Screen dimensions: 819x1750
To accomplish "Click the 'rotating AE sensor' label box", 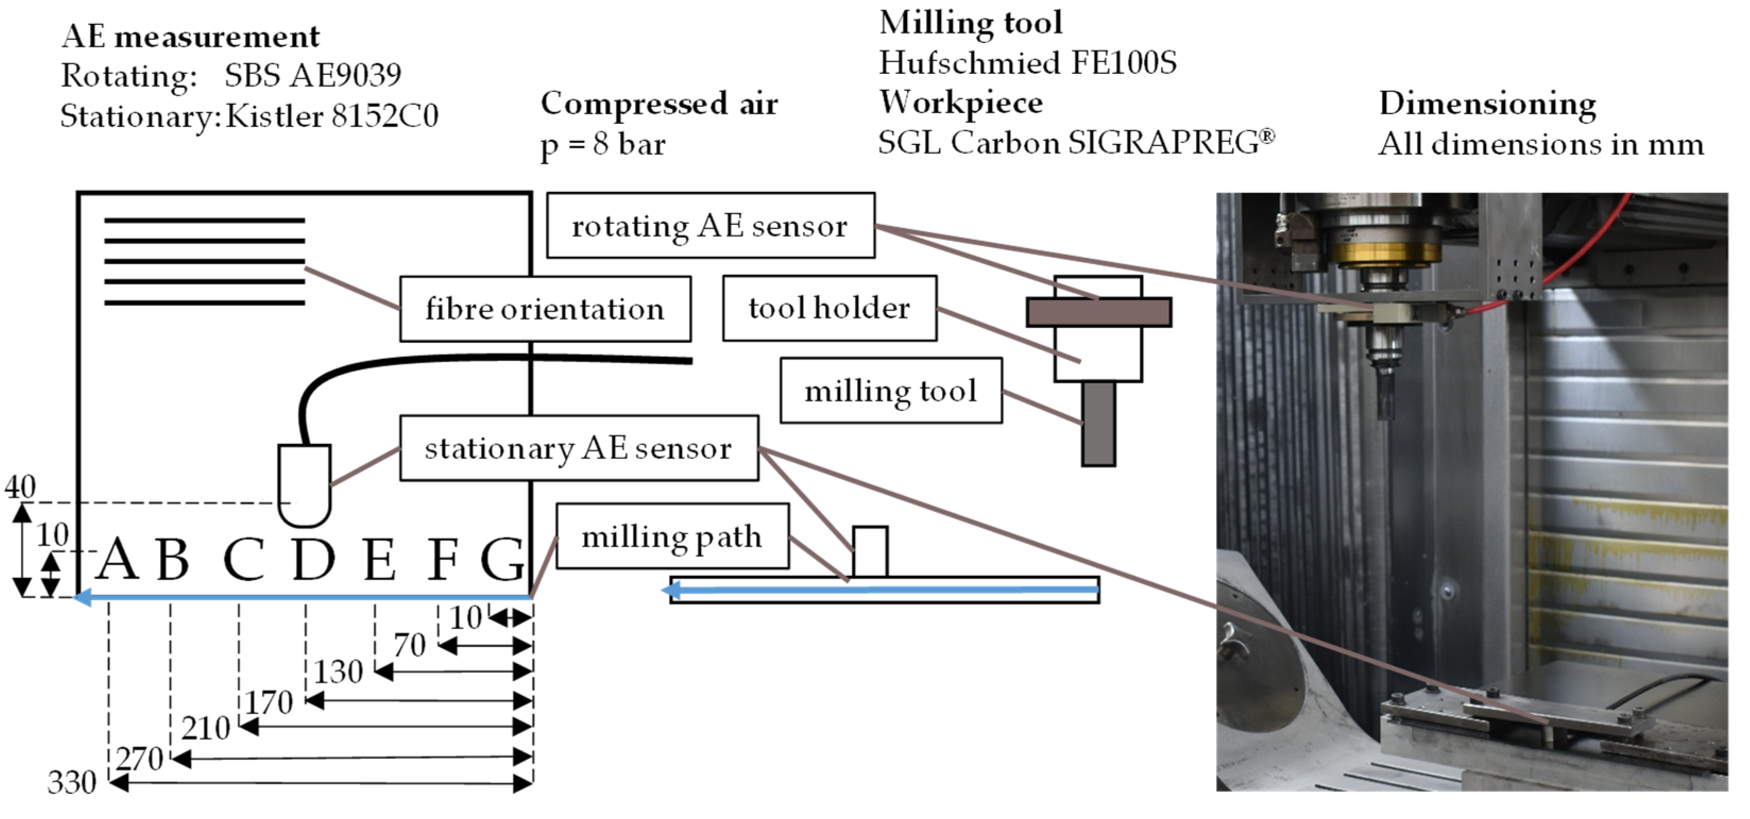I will tap(710, 226).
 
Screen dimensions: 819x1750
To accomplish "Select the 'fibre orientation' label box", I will tap(545, 309).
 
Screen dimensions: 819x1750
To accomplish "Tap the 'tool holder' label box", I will tap(829, 308).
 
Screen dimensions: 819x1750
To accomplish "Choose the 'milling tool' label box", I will tap(891, 391).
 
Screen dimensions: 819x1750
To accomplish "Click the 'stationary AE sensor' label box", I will tap(578, 449).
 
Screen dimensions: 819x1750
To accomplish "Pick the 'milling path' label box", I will tap(672, 537).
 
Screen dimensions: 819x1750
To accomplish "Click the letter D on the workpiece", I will tap(313, 559).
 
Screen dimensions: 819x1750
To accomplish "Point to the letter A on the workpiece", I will tap(117, 559).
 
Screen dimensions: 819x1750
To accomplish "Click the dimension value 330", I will tap(71, 783).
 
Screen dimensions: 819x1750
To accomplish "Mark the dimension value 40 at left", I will tap(20, 487).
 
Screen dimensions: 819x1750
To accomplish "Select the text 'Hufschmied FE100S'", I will tap(1027, 63).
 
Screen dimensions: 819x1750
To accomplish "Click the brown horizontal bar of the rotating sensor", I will tap(1098, 313).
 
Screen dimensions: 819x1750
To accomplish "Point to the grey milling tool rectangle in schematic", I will tap(1098, 424).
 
